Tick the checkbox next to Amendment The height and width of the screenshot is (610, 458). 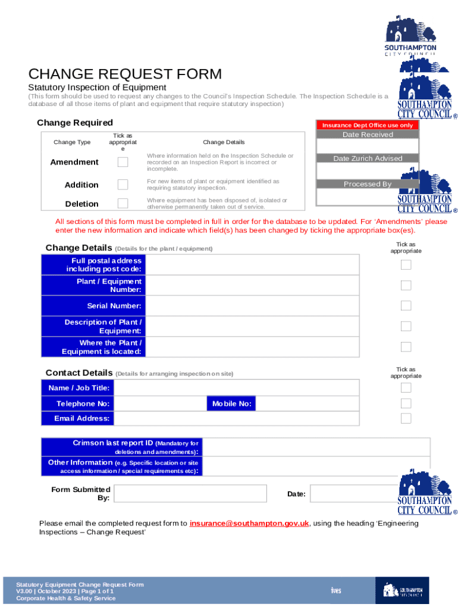pos(123,162)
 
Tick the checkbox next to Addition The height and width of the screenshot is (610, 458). pos(123,185)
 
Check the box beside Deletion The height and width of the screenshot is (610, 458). pos(123,204)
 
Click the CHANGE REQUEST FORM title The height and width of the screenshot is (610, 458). pos(125,74)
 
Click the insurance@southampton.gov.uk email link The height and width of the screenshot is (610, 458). pos(249,523)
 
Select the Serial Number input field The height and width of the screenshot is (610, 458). pos(252,306)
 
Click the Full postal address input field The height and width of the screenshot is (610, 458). pos(252,265)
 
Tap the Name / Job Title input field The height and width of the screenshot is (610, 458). pos(236,388)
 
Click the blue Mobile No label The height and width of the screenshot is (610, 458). pos(231,404)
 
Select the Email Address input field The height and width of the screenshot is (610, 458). pos(236,419)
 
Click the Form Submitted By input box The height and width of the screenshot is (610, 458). pos(190,493)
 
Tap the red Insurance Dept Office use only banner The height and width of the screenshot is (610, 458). pos(367,125)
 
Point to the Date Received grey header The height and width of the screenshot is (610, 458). pos(367,135)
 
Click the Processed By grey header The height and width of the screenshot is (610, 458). pos(367,184)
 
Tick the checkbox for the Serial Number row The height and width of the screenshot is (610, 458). pos(406,306)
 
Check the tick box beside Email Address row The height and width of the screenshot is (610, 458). pos(406,418)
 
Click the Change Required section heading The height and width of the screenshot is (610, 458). pos(75,123)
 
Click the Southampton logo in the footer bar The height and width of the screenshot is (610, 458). pos(402,590)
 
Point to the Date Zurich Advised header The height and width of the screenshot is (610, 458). pos(367,158)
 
